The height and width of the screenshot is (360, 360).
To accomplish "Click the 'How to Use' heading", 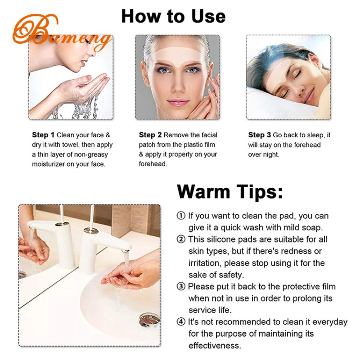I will point(173,17).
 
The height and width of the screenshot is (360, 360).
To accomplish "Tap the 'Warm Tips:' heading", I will point(230,191).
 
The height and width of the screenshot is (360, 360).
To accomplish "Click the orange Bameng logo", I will point(61,34).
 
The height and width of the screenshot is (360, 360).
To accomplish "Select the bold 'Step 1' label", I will point(43,135).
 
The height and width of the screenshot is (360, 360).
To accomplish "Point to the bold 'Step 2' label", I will point(150,135).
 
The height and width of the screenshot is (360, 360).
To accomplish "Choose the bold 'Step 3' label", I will point(260,135).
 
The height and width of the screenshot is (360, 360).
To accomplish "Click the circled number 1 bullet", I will point(181,216).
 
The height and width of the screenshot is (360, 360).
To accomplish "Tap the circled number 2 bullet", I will point(181,239).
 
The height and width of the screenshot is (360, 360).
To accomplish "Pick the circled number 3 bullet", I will point(181,287).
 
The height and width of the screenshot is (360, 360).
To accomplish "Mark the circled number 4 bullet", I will point(181,322).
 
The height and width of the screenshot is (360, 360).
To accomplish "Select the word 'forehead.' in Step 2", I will point(153,164).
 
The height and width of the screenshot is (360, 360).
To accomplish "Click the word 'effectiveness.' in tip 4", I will point(215,346).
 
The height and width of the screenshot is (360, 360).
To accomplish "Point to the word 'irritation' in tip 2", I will point(204,263).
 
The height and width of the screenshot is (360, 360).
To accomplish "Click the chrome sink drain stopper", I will point(149,321).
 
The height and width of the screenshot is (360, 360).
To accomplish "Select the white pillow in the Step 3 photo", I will point(270,101).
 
